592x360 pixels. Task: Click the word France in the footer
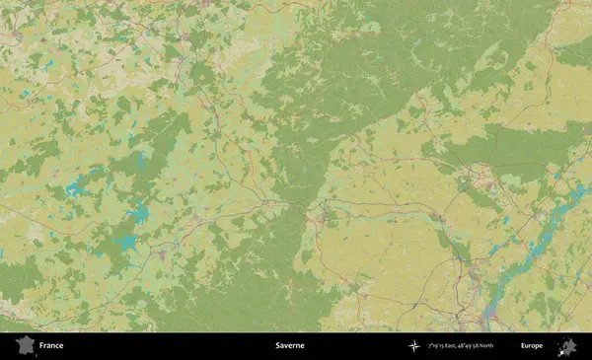[x=51, y=346]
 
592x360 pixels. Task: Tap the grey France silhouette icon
[x=24, y=346]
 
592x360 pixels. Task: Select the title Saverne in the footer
[x=290, y=346]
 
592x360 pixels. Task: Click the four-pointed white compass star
[x=414, y=346]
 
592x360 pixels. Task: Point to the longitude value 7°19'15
[x=437, y=346]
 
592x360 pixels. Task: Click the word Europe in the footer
[x=532, y=346]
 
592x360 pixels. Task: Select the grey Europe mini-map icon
[x=566, y=346]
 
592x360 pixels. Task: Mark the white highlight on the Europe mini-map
[x=564, y=348]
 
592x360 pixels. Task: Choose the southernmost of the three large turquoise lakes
[x=124, y=242]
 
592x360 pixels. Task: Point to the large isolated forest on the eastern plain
[x=513, y=148]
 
